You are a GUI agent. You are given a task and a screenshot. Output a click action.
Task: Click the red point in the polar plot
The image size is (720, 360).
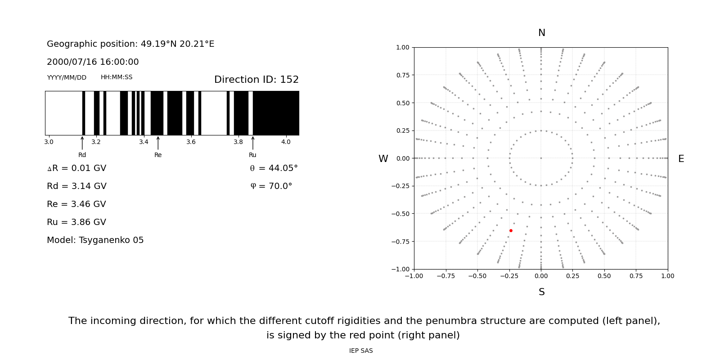coord(511,231)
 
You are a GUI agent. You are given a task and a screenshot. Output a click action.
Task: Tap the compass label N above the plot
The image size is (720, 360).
coord(542,33)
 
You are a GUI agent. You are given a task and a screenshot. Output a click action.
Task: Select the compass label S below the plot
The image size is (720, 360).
coord(542,292)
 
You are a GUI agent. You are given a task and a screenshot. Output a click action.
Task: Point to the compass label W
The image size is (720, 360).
coord(383,159)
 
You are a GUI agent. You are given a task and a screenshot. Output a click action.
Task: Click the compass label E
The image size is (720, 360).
coord(681,159)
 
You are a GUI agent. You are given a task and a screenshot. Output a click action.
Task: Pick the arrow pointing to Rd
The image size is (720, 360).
coord(82,143)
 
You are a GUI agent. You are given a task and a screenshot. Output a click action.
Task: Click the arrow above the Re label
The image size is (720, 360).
coord(158,143)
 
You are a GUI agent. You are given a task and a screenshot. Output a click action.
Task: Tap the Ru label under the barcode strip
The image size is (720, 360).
coord(252,155)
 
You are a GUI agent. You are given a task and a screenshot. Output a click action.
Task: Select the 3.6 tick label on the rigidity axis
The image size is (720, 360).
coord(191,142)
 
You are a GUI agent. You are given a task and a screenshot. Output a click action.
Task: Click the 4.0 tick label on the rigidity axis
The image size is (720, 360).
coord(286,142)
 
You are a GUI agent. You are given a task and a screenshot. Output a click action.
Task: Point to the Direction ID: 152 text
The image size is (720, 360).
coord(256,80)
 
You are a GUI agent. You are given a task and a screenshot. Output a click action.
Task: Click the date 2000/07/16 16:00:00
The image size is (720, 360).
coord(93,62)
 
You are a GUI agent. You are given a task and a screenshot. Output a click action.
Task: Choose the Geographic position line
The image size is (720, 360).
coord(130,44)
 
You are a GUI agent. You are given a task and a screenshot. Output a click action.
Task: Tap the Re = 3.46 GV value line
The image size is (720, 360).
coord(76,204)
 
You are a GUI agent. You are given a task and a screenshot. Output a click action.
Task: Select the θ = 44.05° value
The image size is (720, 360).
coord(274,168)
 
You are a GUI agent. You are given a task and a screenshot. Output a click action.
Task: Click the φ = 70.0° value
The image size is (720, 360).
coord(271,186)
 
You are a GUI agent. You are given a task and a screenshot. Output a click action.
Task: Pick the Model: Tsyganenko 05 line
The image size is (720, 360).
coord(95,240)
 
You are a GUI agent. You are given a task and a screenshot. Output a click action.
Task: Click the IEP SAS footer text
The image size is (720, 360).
coord(361,351)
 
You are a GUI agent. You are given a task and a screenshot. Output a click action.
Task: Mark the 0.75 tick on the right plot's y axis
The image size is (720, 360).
coord(402,75)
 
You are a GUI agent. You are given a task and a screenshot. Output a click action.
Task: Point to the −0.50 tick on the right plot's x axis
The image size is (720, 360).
coord(477,276)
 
